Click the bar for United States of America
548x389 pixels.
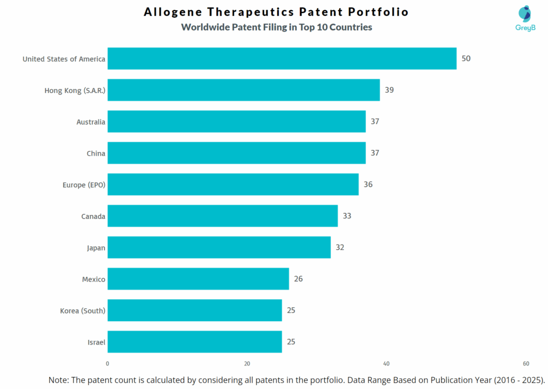point(281,58)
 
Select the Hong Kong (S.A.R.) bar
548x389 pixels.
point(243,90)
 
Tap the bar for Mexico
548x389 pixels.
point(198,279)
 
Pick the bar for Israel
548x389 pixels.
point(194,341)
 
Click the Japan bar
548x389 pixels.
point(219,247)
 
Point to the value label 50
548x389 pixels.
point(466,58)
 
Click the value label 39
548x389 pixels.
point(389,90)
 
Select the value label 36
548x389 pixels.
point(368,185)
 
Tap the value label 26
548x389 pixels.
point(299,279)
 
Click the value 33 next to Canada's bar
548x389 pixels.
point(347,216)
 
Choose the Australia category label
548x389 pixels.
point(91,122)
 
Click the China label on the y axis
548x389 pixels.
point(96,154)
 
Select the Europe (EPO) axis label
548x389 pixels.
point(84,185)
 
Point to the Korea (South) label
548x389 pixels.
point(82,311)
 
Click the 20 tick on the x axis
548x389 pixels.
point(247,364)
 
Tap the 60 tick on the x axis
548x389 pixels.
point(526,364)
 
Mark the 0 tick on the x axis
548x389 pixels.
point(108,364)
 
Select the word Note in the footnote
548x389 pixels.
point(59,379)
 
